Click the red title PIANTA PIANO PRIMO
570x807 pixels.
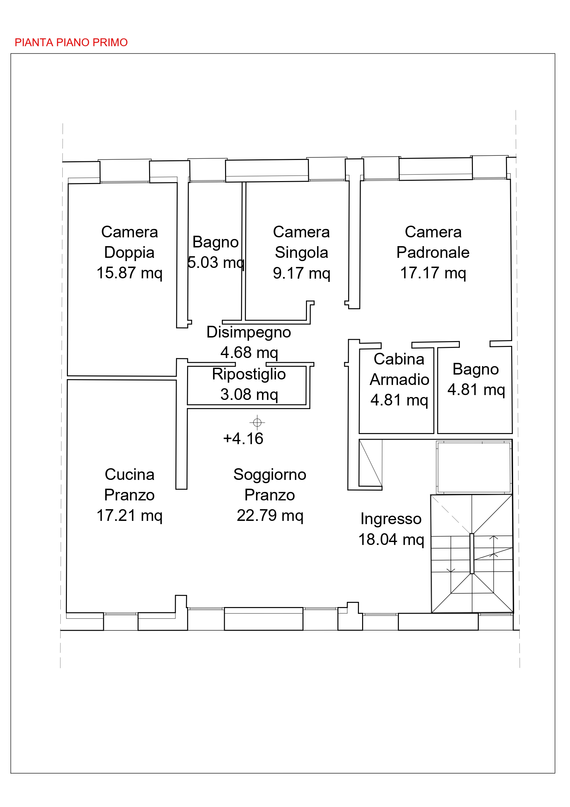(x=71, y=43)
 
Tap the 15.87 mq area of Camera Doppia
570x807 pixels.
(x=130, y=273)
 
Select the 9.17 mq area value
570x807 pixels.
(x=302, y=273)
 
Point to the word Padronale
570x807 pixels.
(x=433, y=252)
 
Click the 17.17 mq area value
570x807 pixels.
(x=433, y=273)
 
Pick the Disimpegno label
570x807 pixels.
(x=249, y=333)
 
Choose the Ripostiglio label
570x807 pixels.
(x=249, y=374)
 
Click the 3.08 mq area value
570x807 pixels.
(x=249, y=395)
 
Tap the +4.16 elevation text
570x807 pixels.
(x=243, y=439)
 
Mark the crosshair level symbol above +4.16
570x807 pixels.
(x=257, y=422)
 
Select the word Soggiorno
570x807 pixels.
(x=270, y=475)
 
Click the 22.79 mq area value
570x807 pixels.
(x=270, y=516)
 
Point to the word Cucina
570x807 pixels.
(x=130, y=474)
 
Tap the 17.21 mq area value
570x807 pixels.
(x=130, y=516)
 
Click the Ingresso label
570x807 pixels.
(x=391, y=519)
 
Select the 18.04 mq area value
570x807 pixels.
(x=391, y=539)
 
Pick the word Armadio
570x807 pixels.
(x=399, y=379)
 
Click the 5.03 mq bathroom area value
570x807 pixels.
(x=216, y=263)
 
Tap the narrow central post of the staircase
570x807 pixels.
(x=472, y=554)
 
